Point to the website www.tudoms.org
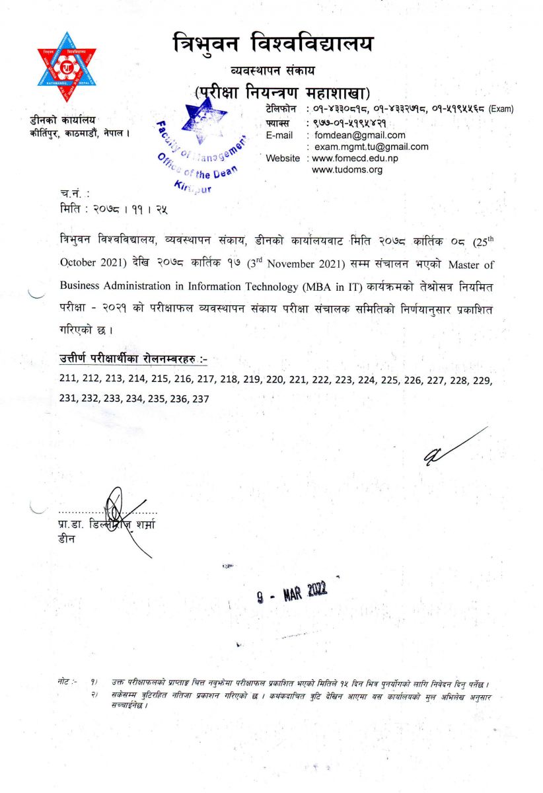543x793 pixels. point(347,170)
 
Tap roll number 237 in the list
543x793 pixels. point(200,398)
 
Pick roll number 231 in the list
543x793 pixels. point(68,398)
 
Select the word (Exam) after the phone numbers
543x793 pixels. point(501,109)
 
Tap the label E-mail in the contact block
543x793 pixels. point(279,135)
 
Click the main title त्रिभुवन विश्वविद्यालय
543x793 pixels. point(272,45)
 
